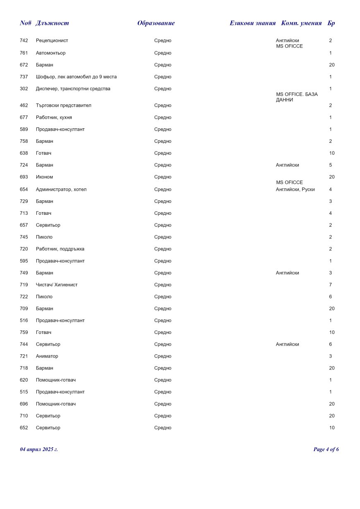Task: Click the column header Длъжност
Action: click(52, 23)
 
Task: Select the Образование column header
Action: click(156, 23)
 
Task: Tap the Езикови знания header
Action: click(252, 23)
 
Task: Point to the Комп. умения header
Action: click(301, 23)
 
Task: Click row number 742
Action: click(24, 41)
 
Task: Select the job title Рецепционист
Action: click(52, 41)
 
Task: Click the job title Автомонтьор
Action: click(50, 53)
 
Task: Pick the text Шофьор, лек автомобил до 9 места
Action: click(76, 77)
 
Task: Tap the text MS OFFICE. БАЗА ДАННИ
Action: click(297, 97)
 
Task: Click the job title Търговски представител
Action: click(63, 106)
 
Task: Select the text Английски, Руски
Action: click(295, 190)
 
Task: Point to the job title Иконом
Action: click(44, 177)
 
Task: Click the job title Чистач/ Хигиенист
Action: click(57, 285)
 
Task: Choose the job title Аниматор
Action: click(47, 356)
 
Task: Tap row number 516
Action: click(24, 321)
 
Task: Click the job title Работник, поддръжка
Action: click(60, 249)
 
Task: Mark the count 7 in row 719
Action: click(331, 285)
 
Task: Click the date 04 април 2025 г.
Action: click(39, 449)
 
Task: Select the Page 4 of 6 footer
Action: click(326, 449)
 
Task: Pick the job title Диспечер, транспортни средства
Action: click(73, 89)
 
